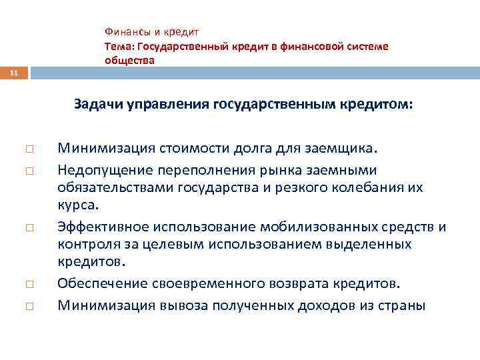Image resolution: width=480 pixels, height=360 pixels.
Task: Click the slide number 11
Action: pyautogui.click(x=13, y=71)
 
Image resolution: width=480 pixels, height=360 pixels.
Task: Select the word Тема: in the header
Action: pyautogui.click(x=119, y=46)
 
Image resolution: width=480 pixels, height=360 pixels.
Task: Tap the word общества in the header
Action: pyautogui.click(x=129, y=60)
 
